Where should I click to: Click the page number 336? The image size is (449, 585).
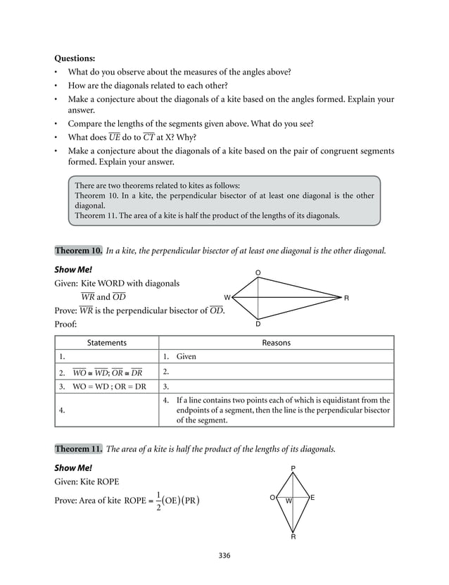coord(224,556)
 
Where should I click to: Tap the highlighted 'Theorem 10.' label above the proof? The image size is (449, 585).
coord(79,251)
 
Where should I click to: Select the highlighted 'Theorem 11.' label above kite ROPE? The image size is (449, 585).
coord(79,448)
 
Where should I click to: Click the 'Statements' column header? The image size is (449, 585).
coord(106,343)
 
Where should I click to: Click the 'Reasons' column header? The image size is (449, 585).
coord(276,343)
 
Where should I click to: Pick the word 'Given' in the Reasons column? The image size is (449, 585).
coord(186,357)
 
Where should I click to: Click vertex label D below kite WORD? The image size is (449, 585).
coord(258,325)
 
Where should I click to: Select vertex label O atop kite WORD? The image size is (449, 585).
coord(258,272)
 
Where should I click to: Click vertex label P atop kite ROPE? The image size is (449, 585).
coord(293,468)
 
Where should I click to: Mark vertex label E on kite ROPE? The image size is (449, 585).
coord(312,498)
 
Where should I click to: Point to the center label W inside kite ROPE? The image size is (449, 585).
coord(289,501)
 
